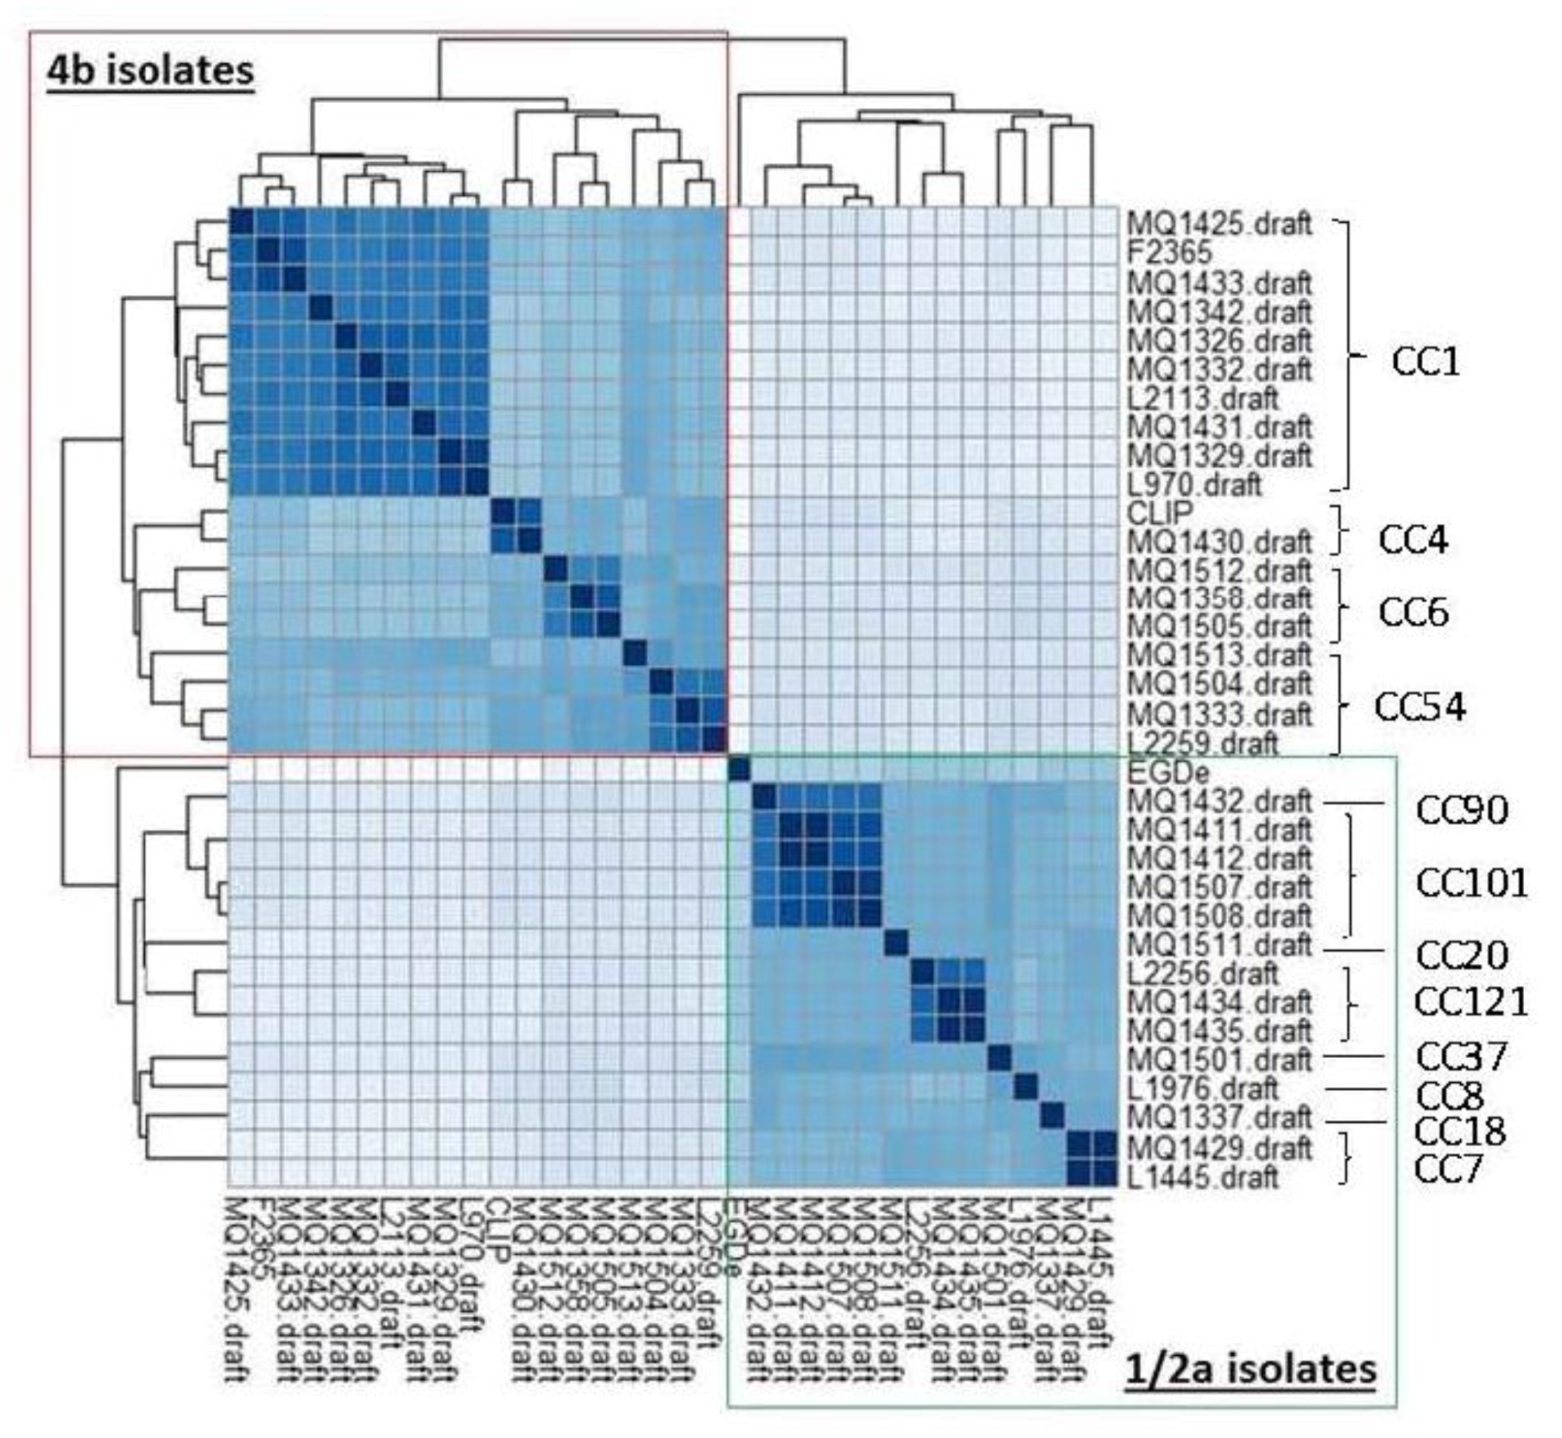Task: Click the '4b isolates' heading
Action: pyautogui.click(x=150, y=71)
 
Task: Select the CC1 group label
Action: pyautogui.click(x=1425, y=362)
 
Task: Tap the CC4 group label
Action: pyautogui.click(x=1413, y=539)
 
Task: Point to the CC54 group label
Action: pyautogui.click(x=1419, y=706)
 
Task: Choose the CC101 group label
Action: pyautogui.click(x=1471, y=883)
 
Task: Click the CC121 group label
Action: pyautogui.click(x=1471, y=1001)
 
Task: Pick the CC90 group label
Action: pyautogui.click(x=1462, y=810)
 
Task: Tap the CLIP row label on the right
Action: pyautogui.click(x=1159, y=512)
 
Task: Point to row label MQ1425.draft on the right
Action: pyautogui.click(x=1219, y=224)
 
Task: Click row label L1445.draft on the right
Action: pyautogui.click(x=1202, y=1177)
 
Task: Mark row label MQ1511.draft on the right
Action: pyautogui.click(x=1219, y=945)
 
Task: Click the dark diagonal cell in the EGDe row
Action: pyautogui.click(x=739, y=770)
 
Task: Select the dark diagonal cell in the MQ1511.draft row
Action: pyautogui.click(x=895, y=944)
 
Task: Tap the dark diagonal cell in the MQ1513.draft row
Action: pyautogui.click(x=634, y=654)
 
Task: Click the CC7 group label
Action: pyautogui.click(x=1448, y=1169)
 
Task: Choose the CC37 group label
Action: pyautogui.click(x=1461, y=1056)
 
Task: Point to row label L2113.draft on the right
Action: pyautogui.click(x=1202, y=397)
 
